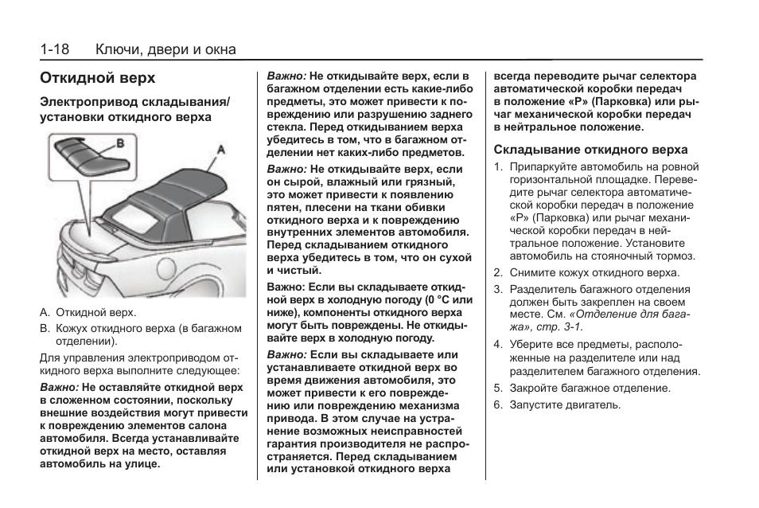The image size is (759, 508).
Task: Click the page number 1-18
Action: pyautogui.click(x=55, y=49)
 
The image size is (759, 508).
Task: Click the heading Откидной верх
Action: pyautogui.click(x=97, y=79)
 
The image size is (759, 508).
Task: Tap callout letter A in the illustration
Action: pyautogui.click(x=220, y=148)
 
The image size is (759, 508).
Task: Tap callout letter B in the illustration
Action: pyautogui.click(x=121, y=143)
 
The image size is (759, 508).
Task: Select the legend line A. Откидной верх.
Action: pyautogui.click(x=88, y=313)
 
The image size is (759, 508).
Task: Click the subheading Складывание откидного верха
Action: pyautogui.click(x=590, y=150)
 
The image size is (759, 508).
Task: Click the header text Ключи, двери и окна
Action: pyautogui.click(x=165, y=49)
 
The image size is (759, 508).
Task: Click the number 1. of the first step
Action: pyautogui.click(x=497, y=167)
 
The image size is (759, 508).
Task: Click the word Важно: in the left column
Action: pyautogui.click(x=59, y=387)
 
